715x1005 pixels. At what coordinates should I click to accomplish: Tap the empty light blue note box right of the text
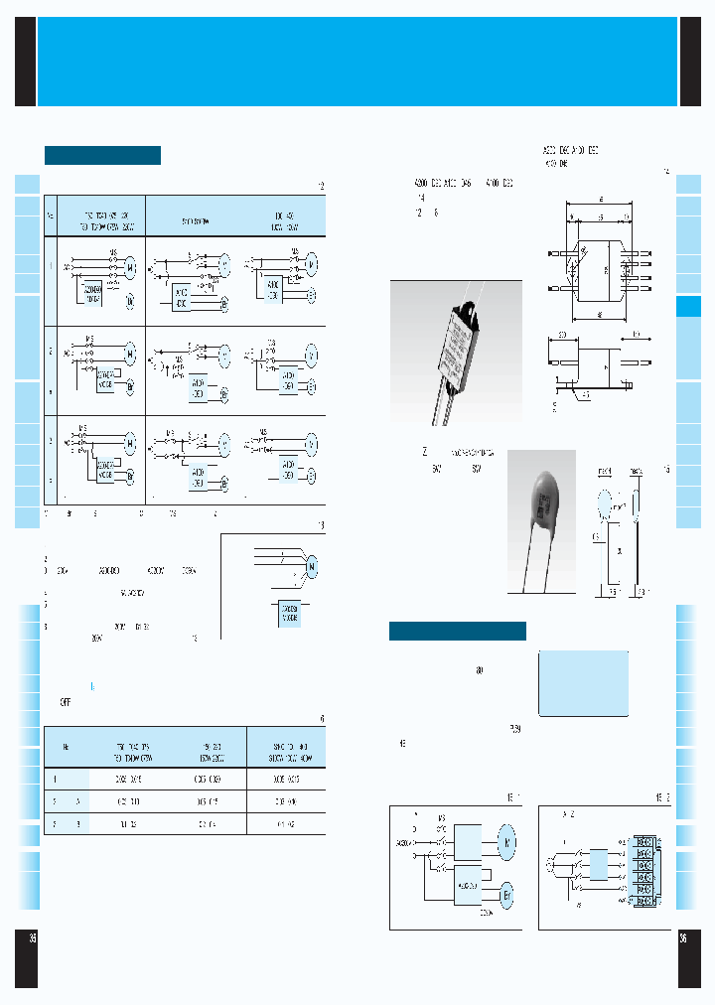point(583,683)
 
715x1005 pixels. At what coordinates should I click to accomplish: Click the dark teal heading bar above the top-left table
point(102,155)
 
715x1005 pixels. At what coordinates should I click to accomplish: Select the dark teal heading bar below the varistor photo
point(457,632)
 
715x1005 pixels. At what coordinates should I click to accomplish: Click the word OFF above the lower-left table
point(65,701)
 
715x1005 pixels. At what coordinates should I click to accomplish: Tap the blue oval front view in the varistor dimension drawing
point(606,506)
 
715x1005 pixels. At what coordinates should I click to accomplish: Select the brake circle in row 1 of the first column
point(129,299)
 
